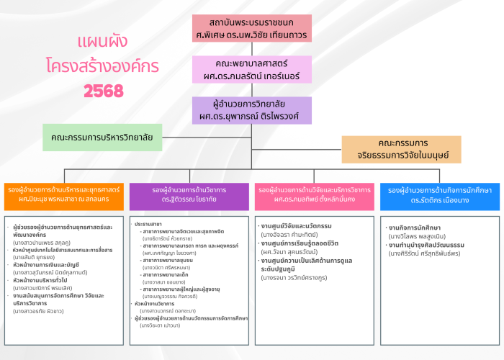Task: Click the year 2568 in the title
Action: pos(104,91)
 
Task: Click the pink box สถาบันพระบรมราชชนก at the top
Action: pos(251,27)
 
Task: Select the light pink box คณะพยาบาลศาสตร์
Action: pos(251,69)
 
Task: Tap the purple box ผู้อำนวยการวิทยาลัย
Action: pos(251,110)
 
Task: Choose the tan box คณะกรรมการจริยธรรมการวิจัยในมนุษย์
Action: pos(402,149)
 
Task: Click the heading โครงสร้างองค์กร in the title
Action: pos(104,65)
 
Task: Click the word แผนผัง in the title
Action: pos(104,40)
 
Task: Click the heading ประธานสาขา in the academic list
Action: pos(147,225)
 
